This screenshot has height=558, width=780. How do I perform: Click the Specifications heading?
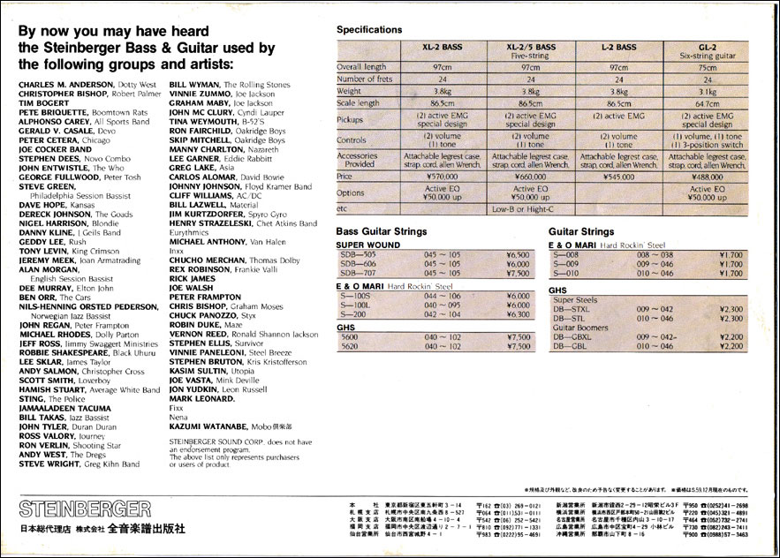369,29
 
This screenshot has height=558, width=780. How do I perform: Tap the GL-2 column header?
707,46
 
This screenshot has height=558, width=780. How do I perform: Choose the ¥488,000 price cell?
707,177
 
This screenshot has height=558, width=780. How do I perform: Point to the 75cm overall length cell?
707,67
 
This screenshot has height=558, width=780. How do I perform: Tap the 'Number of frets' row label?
365,79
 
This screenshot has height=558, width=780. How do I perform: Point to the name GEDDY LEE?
40,241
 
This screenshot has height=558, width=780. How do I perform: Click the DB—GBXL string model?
571,336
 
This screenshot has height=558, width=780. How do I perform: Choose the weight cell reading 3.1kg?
707,91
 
